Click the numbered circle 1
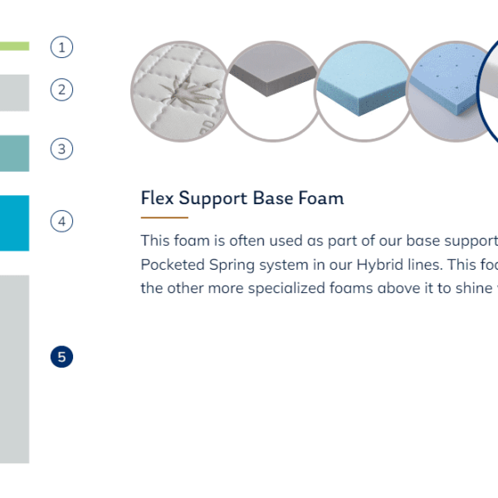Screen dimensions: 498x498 61,47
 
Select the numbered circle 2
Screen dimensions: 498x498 61,90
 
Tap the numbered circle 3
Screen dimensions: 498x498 61,149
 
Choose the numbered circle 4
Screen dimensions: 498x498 61,221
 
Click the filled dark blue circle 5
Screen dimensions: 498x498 61,357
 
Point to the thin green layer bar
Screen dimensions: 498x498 15,46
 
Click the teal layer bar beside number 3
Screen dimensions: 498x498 15,154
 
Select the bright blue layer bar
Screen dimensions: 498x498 15,223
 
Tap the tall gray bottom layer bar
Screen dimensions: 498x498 15,369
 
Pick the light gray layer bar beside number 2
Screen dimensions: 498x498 15,93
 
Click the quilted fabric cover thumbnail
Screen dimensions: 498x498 180,91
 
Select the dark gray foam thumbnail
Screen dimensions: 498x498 272,91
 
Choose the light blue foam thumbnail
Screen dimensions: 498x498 364,91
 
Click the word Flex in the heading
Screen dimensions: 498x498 157,198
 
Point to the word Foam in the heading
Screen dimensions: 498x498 321,198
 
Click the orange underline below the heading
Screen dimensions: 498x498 164,217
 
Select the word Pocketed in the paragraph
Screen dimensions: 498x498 173,265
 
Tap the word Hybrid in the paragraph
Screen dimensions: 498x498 380,266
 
